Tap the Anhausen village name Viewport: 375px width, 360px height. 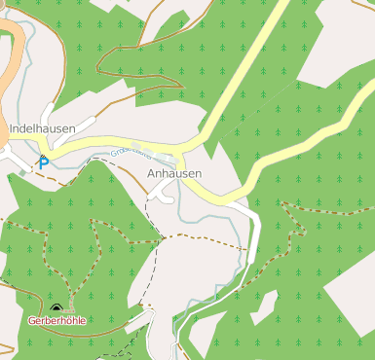coord(174,173)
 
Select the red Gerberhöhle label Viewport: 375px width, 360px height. coord(57,319)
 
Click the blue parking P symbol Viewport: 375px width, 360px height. coord(43,163)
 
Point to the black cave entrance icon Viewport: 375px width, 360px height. coord(56,307)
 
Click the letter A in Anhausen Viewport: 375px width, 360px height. coord(151,173)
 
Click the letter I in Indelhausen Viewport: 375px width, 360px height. coord(10,127)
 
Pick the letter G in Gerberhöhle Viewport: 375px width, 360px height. coord(32,319)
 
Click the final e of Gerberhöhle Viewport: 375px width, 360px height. coord(83,319)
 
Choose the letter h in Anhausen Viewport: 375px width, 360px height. coord(166,173)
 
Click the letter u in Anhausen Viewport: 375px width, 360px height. coord(178,173)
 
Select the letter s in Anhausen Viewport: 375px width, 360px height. coord(185,173)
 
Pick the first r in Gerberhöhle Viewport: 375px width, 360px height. coord(44,319)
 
